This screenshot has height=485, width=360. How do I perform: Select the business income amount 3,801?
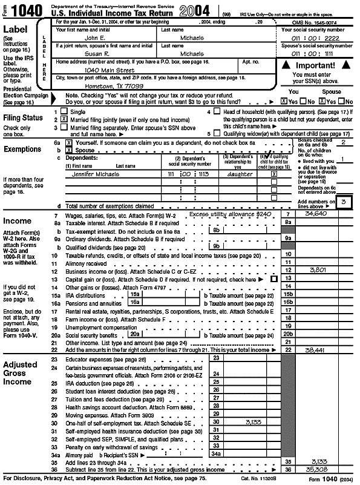pyautogui.click(x=318, y=269)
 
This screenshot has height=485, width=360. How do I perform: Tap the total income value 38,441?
pyautogui.click(x=318, y=350)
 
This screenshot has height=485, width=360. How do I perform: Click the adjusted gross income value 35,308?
pyautogui.click(x=318, y=469)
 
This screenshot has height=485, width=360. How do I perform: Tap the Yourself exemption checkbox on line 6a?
pyautogui.click(x=61, y=141)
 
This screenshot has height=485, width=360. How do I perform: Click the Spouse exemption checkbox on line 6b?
pyautogui.click(x=61, y=148)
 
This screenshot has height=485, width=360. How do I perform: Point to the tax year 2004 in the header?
pyautogui.click(x=195, y=10)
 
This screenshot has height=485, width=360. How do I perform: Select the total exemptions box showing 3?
pyautogui.click(x=345, y=202)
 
